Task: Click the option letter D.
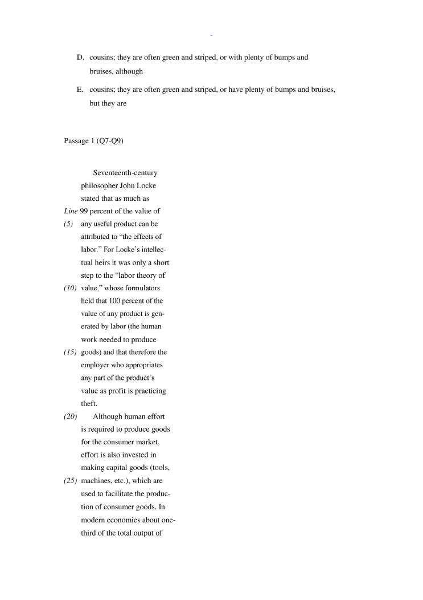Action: pyautogui.click(x=80, y=58)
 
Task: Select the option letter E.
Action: pyautogui.click(x=80, y=90)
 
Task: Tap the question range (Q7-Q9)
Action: pyautogui.click(x=111, y=141)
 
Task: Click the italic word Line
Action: pyautogui.click(x=71, y=212)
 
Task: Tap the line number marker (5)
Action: pyautogui.click(x=69, y=224)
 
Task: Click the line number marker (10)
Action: pyautogui.click(x=70, y=288)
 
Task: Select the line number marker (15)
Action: pyautogui.click(x=70, y=352)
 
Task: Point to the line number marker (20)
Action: pyautogui.click(x=70, y=416)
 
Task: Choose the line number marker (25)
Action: pyautogui.click(x=70, y=481)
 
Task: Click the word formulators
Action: pyautogui.click(x=141, y=288)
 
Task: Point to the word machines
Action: pyautogui.click(x=96, y=481)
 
